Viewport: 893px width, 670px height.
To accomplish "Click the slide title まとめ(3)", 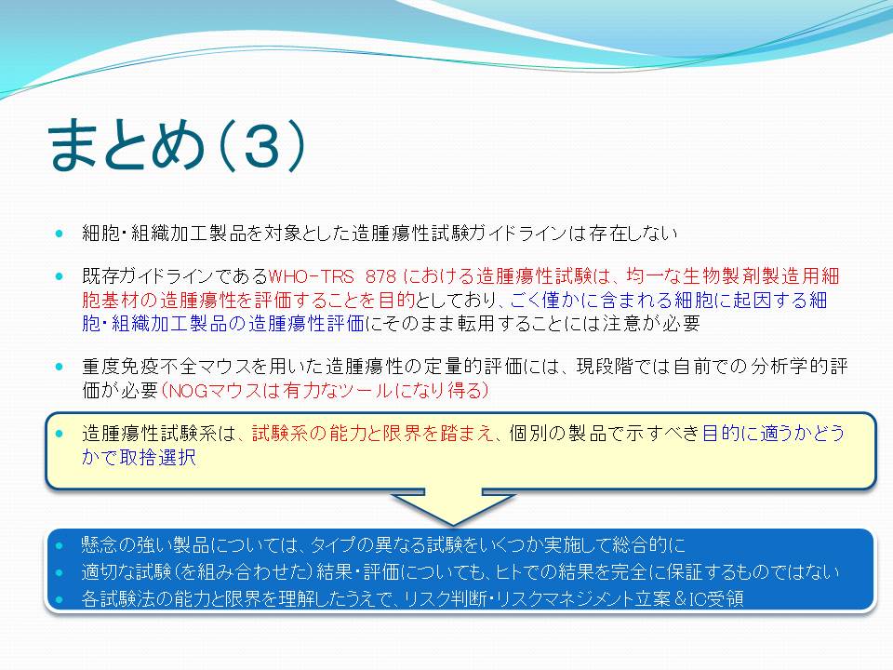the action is coord(177,145).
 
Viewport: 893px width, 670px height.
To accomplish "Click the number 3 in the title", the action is coord(262,146).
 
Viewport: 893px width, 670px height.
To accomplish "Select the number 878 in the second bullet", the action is coord(380,277).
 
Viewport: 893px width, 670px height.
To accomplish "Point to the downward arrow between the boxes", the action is coord(453,506).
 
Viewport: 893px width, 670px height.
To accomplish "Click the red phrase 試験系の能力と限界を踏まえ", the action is coord(372,434).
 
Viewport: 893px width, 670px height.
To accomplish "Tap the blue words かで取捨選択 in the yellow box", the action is coord(139,458).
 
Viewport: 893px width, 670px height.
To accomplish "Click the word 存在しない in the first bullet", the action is coord(633,234).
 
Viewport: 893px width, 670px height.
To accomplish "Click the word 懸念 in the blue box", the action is coord(100,545).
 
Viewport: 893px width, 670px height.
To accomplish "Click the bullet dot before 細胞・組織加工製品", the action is coord(60,234).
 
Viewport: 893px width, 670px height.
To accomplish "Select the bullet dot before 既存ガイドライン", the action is coord(60,277).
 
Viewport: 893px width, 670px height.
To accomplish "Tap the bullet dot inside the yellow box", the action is coord(60,435).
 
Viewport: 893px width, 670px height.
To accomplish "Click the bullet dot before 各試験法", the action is coord(60,599).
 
